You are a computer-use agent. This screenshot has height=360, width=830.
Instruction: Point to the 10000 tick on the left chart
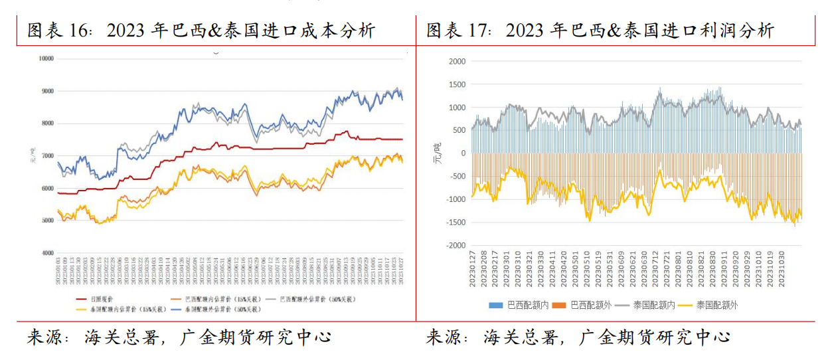pyautogui.click(x=45, y=58)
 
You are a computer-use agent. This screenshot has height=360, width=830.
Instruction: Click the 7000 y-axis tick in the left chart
pyautogui.click(x=46, y=155)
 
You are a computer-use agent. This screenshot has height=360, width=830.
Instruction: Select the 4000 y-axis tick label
pyautogui.click(x=46, y=253)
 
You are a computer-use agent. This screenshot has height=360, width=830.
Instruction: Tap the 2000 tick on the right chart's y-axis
pyautogui.click(x=458, y=61)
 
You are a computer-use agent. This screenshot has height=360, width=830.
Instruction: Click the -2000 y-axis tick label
pyautogui.click(x=456, y=245)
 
